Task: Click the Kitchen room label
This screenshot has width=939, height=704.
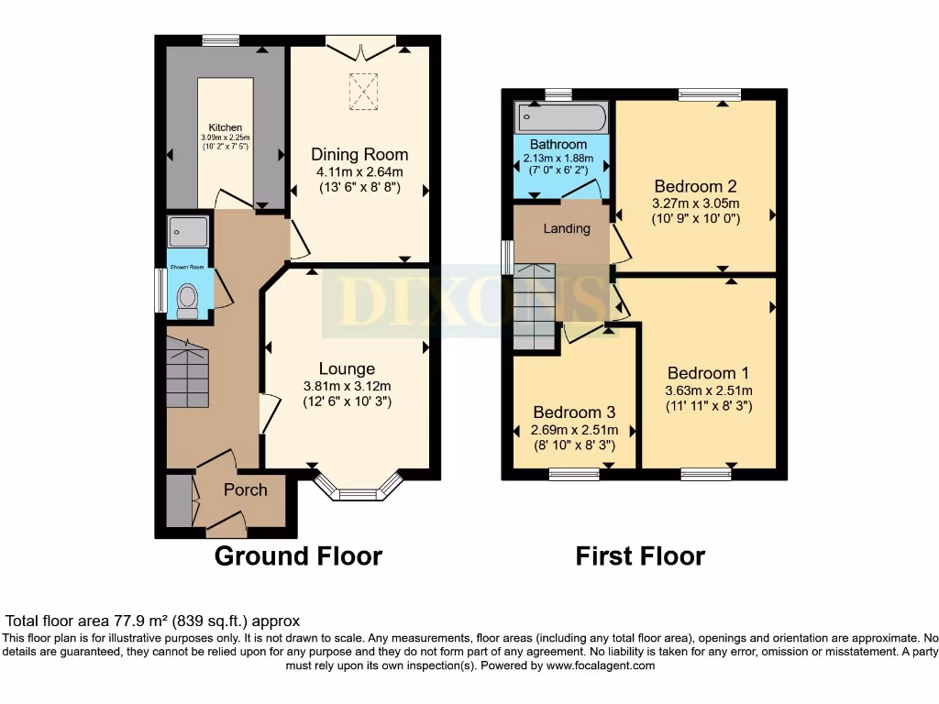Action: tap(226, 127)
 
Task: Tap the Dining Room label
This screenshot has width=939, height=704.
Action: tap(359, 154)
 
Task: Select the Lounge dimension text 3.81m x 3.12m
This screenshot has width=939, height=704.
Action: tap(348, 387)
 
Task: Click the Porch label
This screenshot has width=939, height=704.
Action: tap(246, 489)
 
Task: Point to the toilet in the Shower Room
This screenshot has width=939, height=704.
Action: tap(187, 301)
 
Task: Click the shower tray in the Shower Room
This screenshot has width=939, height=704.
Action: tap(188, 232)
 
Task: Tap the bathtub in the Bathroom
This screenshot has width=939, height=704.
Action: tap(561, 117)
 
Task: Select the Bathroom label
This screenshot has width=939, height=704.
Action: tap(558, 144)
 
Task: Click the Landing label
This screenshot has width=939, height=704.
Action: tap(567, 228)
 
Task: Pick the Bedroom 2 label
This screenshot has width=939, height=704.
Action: tap(695, 186)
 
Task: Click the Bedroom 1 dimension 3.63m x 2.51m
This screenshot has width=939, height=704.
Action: tap(709, 390)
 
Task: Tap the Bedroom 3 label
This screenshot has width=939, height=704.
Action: tap(574, 412)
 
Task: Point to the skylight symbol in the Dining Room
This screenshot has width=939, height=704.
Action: tap(363, 92)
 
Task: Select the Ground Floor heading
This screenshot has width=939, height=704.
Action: tap(298, 556)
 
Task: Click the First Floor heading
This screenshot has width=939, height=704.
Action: tap(640, 556)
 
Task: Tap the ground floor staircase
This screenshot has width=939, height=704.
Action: tap(187, 372)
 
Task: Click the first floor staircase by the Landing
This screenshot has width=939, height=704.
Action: tap(535, 306)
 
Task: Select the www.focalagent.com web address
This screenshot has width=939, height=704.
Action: tap(601, 665)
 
